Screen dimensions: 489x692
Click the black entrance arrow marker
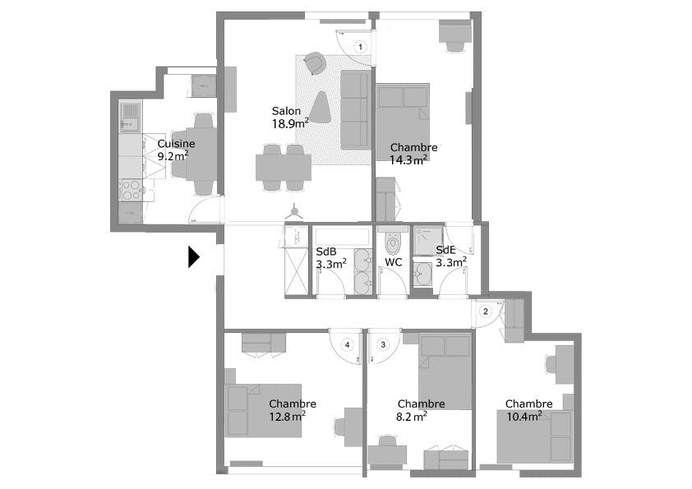(193, 257)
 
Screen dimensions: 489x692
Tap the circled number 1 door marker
(360, 48)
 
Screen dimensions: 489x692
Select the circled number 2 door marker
(486, 311)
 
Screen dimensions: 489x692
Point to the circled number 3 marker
(383, 344)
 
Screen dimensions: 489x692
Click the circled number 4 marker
(348, 344)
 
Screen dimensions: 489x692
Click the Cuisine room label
(176, 143)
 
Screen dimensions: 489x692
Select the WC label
(394, 262)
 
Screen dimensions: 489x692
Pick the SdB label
(326, 251)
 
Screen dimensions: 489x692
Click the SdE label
(445, 250)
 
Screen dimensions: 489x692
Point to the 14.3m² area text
(408, 160)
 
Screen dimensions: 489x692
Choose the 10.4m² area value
(524, 417)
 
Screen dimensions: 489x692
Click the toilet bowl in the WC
(393, 243)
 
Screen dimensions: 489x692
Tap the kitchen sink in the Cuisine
(130, 116)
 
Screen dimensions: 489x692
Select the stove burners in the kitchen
(131, 190)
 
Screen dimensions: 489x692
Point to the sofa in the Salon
(355, 109)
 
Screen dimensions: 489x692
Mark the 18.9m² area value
(290, 124)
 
